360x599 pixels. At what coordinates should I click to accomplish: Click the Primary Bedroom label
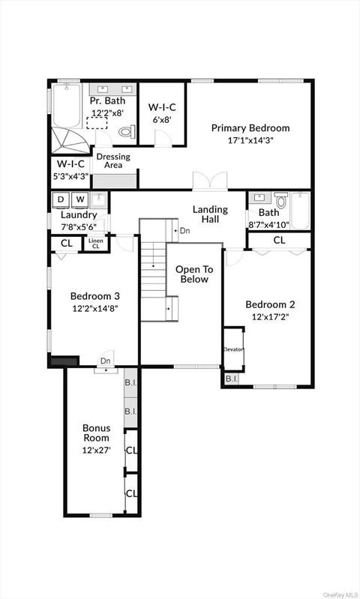[250, 127]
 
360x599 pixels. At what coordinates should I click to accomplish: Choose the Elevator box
[233, 349]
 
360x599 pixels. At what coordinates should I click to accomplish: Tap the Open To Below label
[194, 274]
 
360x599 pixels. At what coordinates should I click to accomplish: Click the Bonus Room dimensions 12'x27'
[96, 451]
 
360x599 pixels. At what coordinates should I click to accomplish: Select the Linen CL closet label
[95, 244]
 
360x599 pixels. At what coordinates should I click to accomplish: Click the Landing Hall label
[210, 214]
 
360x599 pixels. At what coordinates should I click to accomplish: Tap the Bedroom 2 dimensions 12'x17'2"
[270, 317]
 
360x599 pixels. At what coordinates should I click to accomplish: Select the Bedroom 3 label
[94, 295]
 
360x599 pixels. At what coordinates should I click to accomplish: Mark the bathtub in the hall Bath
[300, 211]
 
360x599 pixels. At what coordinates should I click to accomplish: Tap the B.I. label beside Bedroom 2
[231, 379]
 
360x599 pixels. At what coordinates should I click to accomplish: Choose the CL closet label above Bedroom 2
[279, 241]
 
